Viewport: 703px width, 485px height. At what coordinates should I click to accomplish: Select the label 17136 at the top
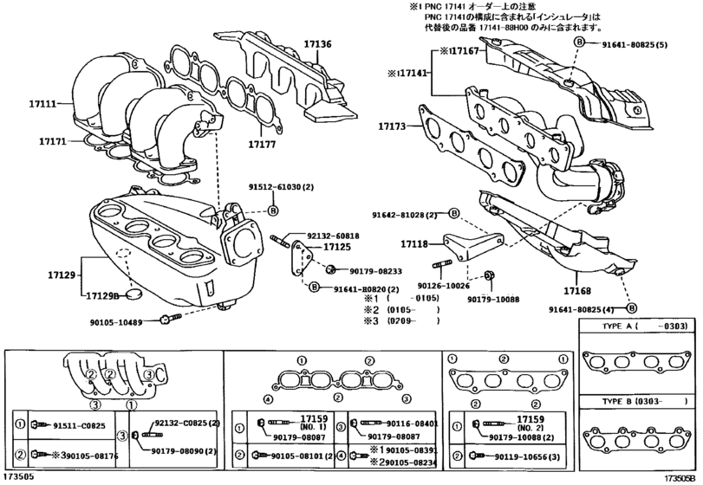317,42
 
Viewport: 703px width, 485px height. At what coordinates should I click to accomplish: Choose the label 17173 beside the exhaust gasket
392,126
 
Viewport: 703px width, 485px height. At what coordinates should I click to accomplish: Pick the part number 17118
414,244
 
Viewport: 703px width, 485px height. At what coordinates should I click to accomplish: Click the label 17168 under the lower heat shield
576,291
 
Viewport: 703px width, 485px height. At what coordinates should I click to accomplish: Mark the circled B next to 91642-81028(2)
454,214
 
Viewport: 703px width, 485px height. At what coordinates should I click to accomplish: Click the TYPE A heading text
616,327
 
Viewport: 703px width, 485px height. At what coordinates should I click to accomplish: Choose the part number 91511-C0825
78,425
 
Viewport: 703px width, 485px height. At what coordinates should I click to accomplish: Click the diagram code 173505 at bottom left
20,477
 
